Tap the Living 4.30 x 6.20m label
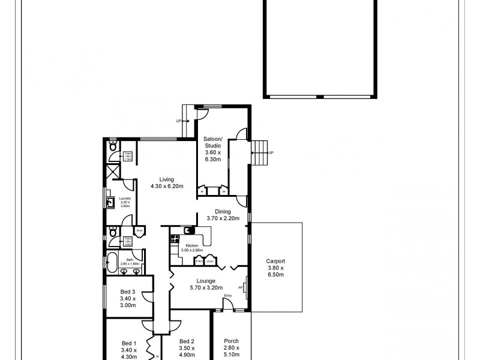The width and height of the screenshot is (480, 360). coord(166,182)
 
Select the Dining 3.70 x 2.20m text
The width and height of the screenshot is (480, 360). coord(223,214)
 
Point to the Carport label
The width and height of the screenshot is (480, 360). coord(275,268)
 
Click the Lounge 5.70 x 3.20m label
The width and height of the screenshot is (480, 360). coord(206,284)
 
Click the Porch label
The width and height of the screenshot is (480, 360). coord(230,347)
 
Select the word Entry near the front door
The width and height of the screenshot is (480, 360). coord(227,295)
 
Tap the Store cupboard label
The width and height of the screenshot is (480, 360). coord(139,229)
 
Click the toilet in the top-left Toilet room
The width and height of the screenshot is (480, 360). coord(113,147)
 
